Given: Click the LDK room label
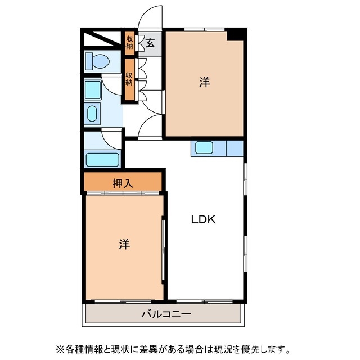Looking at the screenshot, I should click(203, 220).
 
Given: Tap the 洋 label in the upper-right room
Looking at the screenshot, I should click(204, 83).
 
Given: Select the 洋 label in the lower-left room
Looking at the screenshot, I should click(124, 244).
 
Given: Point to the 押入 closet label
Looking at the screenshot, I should click(123, 183).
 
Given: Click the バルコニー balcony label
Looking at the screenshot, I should click(166, 313).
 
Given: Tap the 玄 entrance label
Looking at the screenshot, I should click(150, 42).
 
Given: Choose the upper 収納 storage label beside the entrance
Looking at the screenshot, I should click(130, 42).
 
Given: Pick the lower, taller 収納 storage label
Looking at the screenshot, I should click(130, 79).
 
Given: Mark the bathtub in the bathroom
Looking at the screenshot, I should click(102, 159).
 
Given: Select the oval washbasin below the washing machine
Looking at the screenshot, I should click(92, 114).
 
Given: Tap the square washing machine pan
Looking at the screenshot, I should click(93, 89).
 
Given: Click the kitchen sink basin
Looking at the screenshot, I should click(203, 148).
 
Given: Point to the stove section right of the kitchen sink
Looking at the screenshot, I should click(234, 148).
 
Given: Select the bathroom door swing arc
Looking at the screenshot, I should click(110, 138).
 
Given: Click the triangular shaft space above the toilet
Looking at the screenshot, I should click(101, 40).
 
